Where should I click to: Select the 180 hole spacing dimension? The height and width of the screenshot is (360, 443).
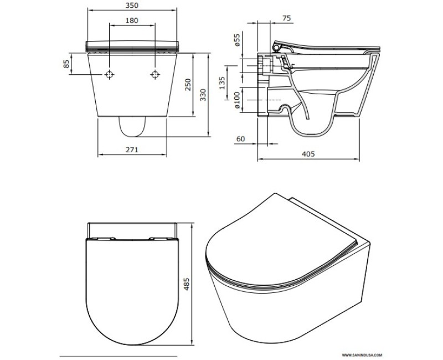132,20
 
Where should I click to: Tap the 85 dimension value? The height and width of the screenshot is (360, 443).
68,64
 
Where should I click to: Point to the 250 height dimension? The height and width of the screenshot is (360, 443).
188,85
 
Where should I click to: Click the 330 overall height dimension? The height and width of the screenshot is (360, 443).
203,95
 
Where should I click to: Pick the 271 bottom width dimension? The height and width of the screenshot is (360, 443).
132,150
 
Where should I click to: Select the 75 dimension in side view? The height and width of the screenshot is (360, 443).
286,18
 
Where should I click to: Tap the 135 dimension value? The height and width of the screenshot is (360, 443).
221,84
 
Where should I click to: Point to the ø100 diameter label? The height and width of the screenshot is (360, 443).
236,101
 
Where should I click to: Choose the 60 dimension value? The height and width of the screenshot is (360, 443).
240,139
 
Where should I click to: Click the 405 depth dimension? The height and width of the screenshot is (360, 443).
308,155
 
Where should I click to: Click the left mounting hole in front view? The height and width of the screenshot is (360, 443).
110,75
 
